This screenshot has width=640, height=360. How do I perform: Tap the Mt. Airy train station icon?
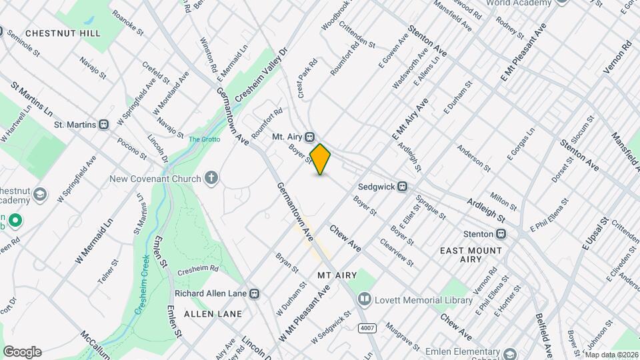tap(310, 137)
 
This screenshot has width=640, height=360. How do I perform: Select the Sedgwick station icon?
tap(402, 187)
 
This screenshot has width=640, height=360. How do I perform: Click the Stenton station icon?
tap(501, 234)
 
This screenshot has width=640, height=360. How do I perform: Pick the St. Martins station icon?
tap(104, 125)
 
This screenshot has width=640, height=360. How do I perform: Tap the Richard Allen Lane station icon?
tap(254, 293)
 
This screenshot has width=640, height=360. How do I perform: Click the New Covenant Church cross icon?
tap(211, 178)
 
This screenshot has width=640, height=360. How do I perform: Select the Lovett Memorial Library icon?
tap(364, 300)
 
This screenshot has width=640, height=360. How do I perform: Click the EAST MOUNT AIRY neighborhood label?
tap(471, 255)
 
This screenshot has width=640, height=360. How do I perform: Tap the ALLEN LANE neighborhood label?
tap(213, 313)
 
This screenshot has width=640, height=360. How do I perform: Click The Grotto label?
tap(203, 139)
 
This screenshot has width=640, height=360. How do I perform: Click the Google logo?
tap(21, 351)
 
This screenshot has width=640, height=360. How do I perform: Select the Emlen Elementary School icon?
tap(510, 353)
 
